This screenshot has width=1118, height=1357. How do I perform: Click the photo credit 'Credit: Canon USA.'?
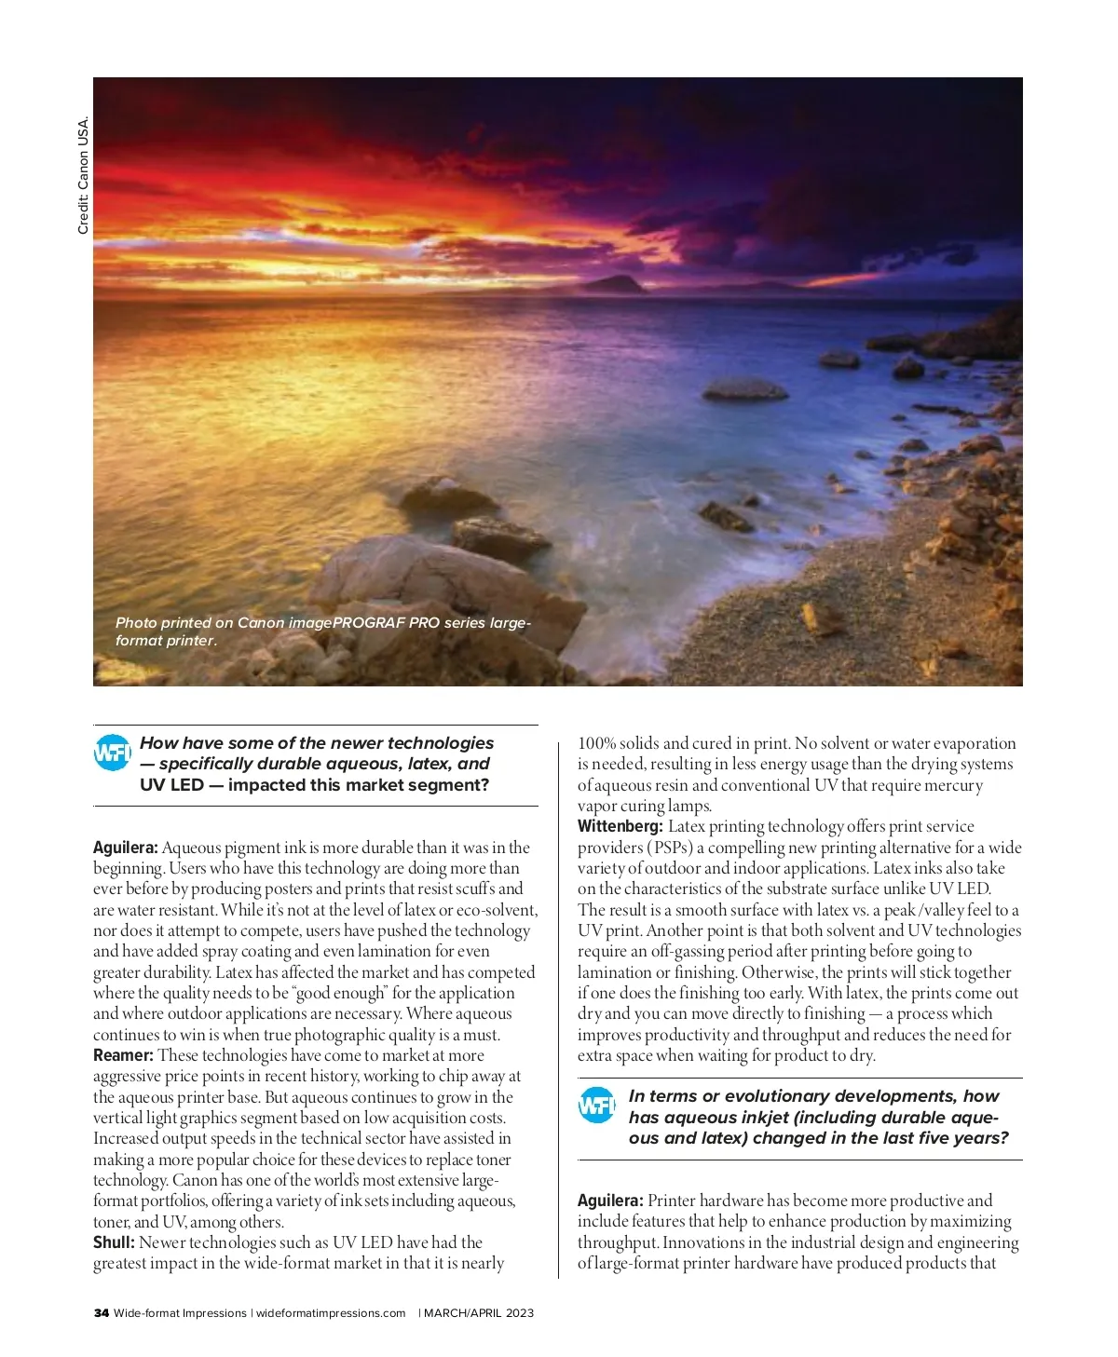click(83, 175)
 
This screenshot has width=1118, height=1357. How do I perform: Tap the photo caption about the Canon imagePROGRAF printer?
click(322, 631)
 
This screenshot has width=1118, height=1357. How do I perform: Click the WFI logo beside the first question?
click(113, 753)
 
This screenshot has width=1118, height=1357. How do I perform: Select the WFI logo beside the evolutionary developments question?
click(596, 1106)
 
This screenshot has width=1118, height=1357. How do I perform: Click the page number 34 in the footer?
click(101, 1313)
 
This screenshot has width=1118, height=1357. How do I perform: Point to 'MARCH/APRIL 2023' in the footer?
click(479, 1313)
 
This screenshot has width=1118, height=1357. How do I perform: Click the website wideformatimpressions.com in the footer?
click(331, 1313)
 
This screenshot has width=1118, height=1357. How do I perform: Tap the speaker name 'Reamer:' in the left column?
click(123, 1055)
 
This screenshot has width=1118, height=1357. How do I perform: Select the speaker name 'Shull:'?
click(114, 1242)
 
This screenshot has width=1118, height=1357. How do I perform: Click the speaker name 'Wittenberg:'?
click(620, 826)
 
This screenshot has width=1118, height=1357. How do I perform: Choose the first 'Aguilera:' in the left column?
click(126, 848)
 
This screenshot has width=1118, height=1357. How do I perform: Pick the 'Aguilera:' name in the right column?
click(610, 1201)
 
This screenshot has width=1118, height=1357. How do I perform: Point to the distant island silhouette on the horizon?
click(610, 283)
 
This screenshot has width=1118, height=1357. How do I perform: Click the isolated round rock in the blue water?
click(743, 389)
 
